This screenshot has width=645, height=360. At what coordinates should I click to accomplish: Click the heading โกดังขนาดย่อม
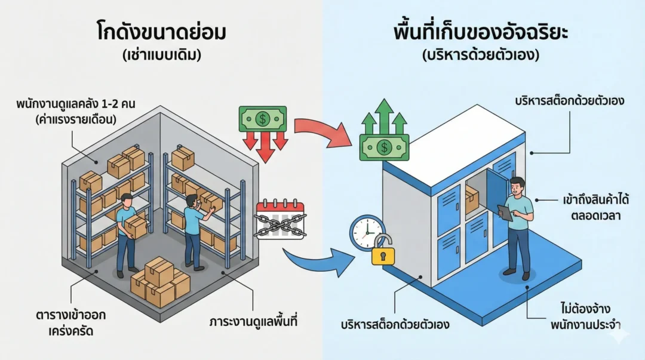pos(161,32)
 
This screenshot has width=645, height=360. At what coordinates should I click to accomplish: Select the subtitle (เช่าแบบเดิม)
pos(161,55)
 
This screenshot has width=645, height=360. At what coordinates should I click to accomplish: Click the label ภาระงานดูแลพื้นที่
pos(253,322)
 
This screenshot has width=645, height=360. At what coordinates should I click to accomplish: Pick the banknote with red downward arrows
pos(262,119)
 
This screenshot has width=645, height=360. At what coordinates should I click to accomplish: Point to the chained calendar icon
pos(280,219)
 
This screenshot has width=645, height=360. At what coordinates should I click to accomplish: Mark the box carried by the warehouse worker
pos(136,226)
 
